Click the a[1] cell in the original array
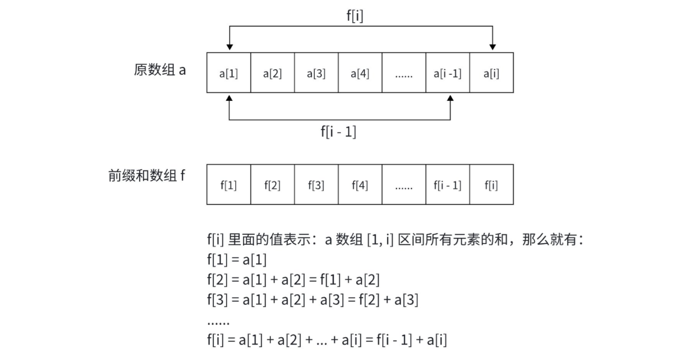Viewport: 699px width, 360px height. click(x=228, y=73)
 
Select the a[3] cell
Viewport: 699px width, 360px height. click(x=316, y=73)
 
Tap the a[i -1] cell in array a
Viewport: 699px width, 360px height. click(x=447, y=73)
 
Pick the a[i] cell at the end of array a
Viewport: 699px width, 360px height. click(x=491, y=73)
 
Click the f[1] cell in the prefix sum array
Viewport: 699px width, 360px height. click(x=228, y=185)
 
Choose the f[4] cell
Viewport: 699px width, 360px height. click(x=360, y=185)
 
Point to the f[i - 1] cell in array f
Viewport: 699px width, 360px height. click(x=447, y=185)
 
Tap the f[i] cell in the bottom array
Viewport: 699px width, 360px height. click(x=491, y=185)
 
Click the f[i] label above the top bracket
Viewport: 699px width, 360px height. click(x=355, y=16)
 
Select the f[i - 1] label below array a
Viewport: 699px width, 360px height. click(x=339, y=131)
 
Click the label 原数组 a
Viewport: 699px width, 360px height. click(x=160, y=70)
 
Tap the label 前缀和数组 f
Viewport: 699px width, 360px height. click(x=146, y=176)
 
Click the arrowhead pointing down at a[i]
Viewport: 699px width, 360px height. click(x=493, y=47)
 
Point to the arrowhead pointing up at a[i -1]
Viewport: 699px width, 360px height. click(x=450, y=98)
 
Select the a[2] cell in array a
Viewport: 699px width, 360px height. click(x=273, y=73)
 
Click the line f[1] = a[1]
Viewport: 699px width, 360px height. click(x=237, y=260)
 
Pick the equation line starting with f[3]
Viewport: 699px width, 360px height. click(x=312, y=300)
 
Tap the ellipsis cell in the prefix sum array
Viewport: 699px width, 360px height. click(x=404, y=185)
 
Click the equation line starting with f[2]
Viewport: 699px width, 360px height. click(x=293, y=280)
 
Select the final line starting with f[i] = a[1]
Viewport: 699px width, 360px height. click(x=326, y=340)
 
